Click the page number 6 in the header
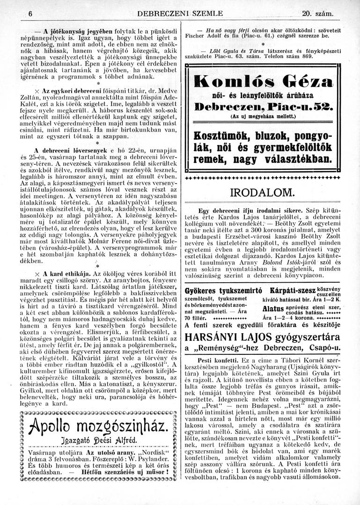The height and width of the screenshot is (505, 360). tap(29, 14)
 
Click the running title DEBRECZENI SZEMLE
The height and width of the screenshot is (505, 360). tap(181, 14)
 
